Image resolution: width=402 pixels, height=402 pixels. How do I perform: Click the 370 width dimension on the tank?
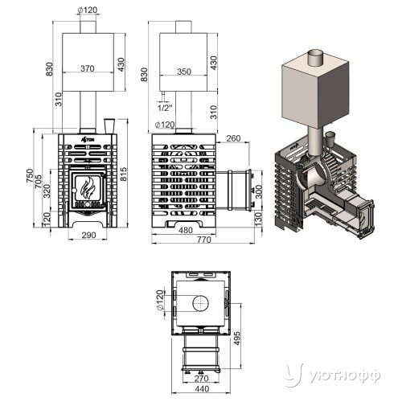click(x=88, y=68)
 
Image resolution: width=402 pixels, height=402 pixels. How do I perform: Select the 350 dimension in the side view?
click(x=184, y=72)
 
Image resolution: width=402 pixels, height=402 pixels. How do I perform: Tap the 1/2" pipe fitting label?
click(x=165, y=108)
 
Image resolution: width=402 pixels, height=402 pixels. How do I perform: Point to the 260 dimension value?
click(x=233, y=138)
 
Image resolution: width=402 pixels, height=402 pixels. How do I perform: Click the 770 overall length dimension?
click(x=204, y=240)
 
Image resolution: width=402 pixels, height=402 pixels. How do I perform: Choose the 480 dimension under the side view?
click(x=186, y=230)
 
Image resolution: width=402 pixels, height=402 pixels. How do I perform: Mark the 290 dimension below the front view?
click(x=88, y=235)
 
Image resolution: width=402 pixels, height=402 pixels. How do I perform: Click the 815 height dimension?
click(x=123, y=174)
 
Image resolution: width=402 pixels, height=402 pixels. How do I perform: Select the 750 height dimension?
click(x=30, y=176)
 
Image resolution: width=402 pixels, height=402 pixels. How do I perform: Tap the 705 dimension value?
click(x=38, y=181)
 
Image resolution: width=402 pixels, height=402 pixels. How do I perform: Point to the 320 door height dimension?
click(x=47, y=191)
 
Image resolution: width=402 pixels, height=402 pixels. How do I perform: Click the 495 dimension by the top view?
click(x=237, y=338)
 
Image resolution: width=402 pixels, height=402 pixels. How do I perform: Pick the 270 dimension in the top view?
click(x=201, y=379)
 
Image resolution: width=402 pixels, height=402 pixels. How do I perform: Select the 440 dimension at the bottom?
click(x=202, y=389)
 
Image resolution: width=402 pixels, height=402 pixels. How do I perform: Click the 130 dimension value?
click(x=258, y=219)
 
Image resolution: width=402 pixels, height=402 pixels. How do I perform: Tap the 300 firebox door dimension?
click(x=259, y=191)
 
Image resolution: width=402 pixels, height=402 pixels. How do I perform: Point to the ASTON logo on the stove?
click(x=88, y=139)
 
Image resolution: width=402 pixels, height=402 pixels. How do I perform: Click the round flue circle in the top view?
click(x=201, y=304)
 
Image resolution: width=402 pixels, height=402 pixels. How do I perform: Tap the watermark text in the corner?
click(x=344, y=376)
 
